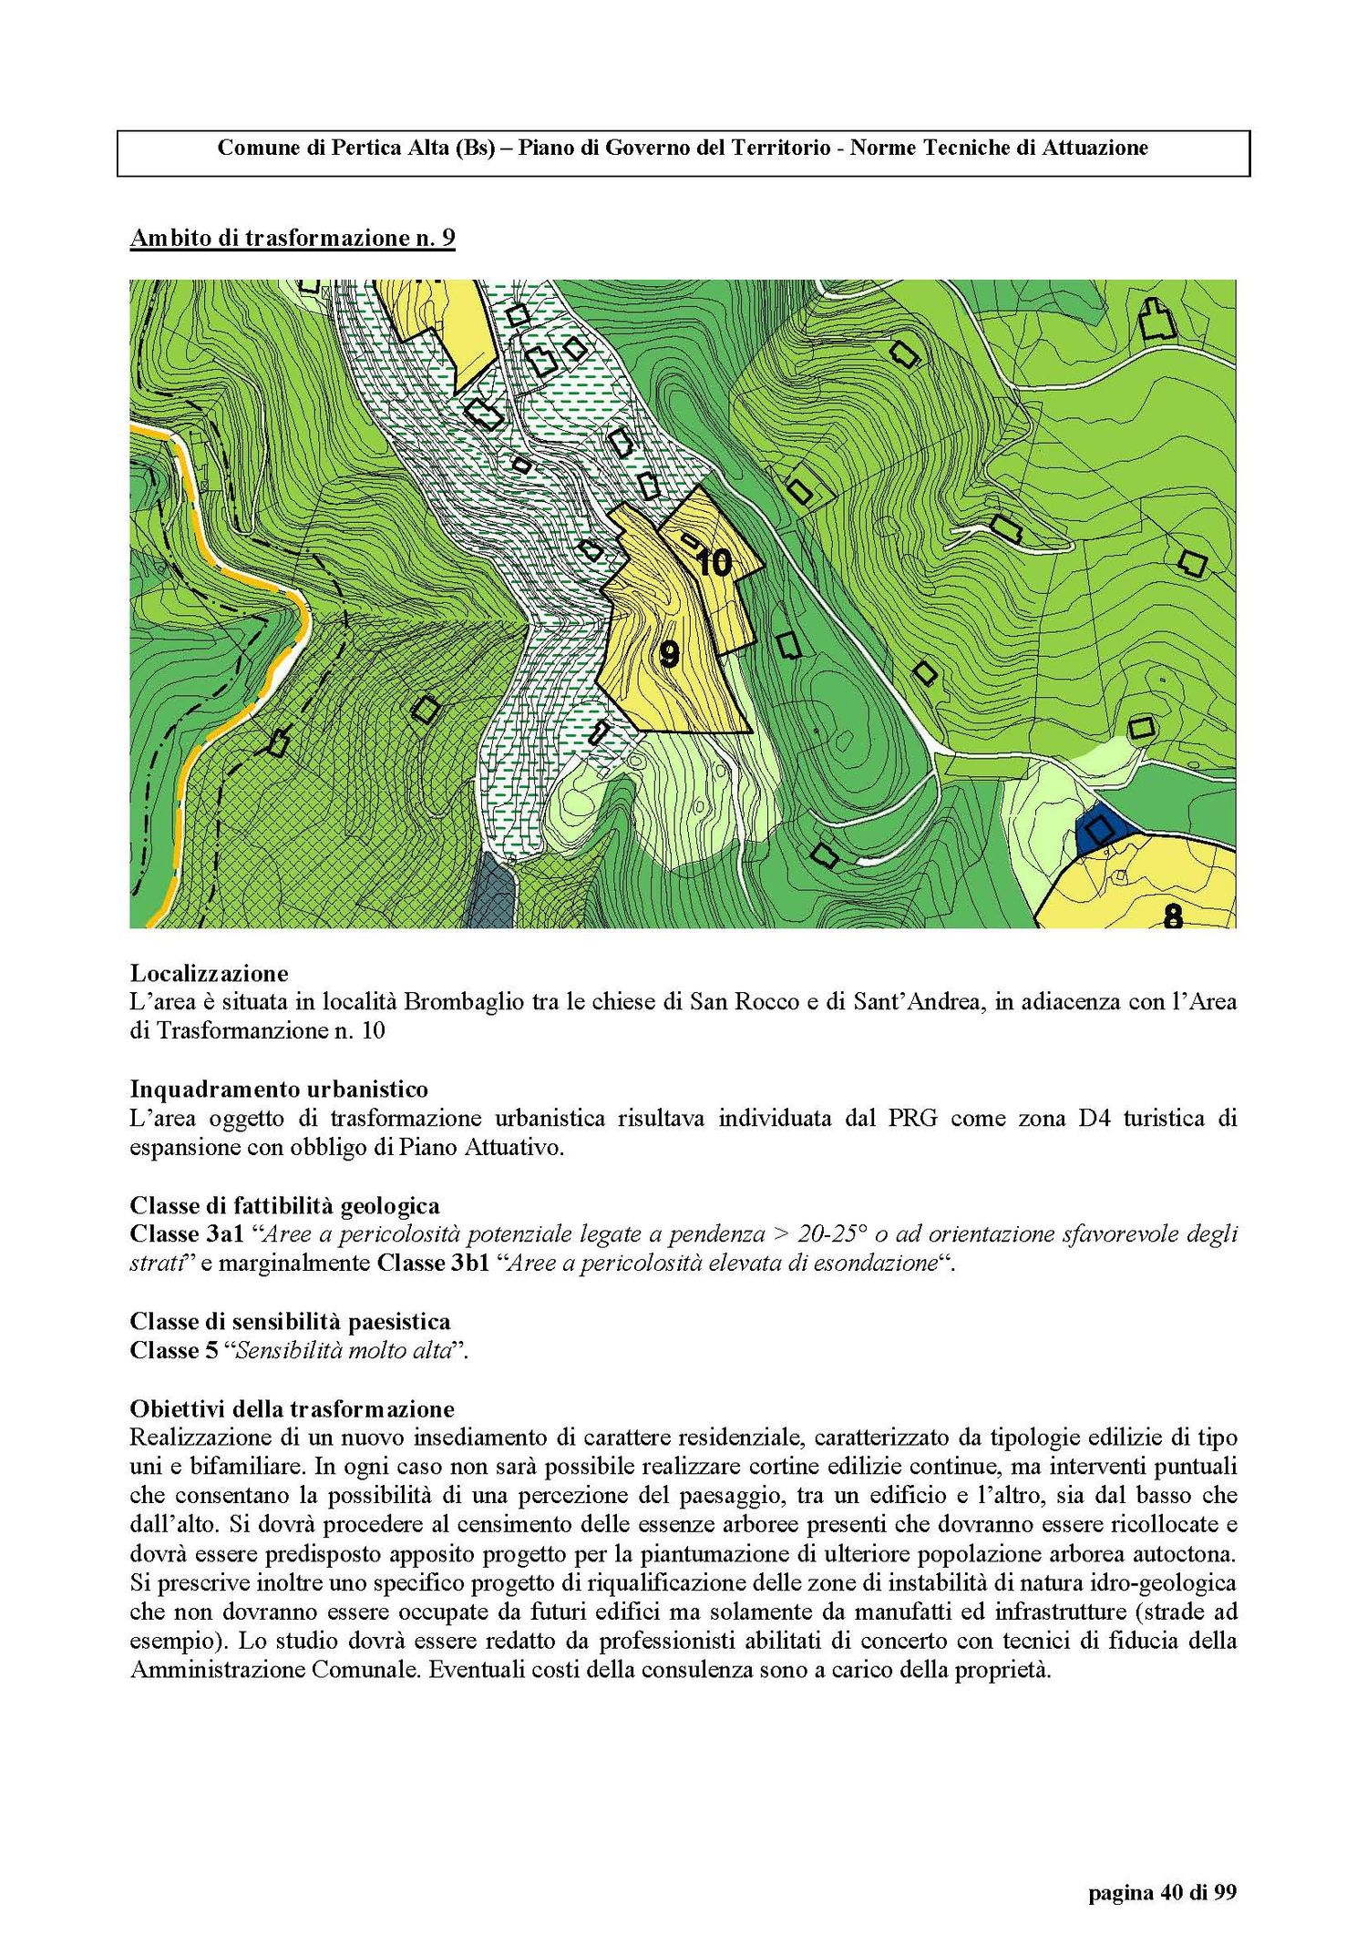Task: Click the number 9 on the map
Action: (x=669, y=654)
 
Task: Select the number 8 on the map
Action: (x=1173, y=916)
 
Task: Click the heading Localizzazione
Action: (x=209, y=973)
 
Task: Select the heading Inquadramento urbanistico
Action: (x=279, y=1089)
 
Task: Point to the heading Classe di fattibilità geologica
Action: (x=284, y=1205)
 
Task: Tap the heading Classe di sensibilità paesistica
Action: (x=290, y=1321)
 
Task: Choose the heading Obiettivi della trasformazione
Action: (x=292, y=1408)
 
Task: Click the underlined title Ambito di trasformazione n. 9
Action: (x=293, y=239)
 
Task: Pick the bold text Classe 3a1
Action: (x=187, y=1234)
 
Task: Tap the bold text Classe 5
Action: (x=173, y=1350)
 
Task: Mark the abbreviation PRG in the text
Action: (x=912, y=1118)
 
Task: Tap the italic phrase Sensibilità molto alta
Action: (x=344, y=1350)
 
